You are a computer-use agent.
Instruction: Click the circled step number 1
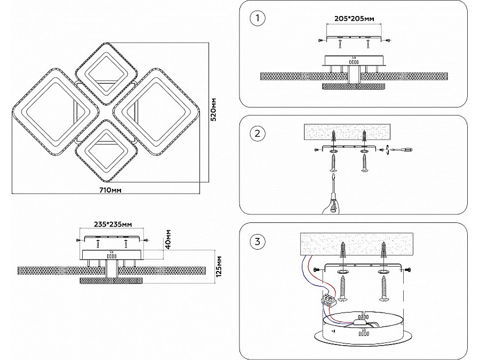(258, 18)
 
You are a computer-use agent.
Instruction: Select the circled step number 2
(258, 133)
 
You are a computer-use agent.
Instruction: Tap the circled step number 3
(258, 242)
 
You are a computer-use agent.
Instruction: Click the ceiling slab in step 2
(348, 131)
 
